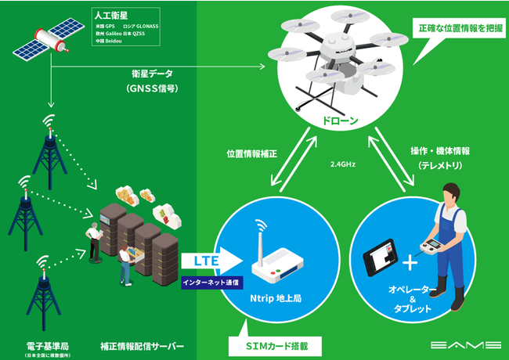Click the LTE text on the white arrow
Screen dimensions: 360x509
[197, 260]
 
